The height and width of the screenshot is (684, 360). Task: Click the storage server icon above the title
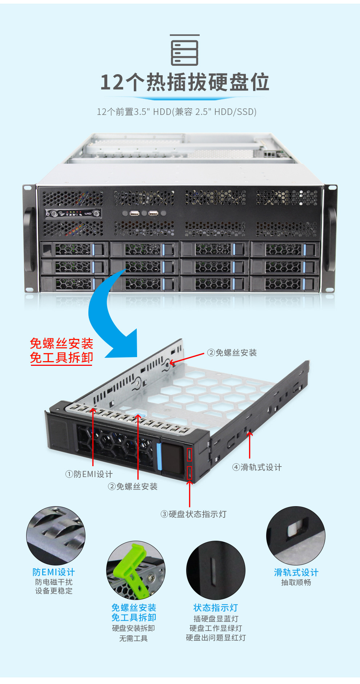click(x=185, y=50)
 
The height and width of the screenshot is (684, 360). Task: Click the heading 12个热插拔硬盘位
click(x=185, y=82)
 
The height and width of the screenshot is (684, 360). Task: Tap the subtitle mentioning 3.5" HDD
click(x=177, y=112)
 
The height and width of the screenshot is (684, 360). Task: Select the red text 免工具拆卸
click(x=61, y=358)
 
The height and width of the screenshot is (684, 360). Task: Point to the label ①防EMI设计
click(x=89, y=474)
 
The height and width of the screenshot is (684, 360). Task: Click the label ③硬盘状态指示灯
click(x=193, y=514)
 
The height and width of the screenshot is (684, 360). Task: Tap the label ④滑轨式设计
click(x=257, y=467)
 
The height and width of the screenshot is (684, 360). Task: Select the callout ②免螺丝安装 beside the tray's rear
click(x=232, y=353)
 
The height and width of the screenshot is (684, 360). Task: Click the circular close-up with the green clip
click(x=136, y=570)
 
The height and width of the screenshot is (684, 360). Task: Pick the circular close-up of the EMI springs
click(x=56, y=536)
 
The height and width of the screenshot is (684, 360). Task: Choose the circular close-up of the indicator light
click(x=216, y=570)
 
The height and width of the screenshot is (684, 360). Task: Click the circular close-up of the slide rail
click(x=296, y=536)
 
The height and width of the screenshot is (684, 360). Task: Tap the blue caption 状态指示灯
click(x=216, y=608)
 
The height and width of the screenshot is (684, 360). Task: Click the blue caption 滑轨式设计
click(x=296, y=572)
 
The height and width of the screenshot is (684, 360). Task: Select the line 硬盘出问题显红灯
click(x=216, y=638)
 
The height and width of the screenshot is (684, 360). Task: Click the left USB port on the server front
click(x=135, y=213)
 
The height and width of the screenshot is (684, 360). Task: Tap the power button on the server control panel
click(x=48, y=214)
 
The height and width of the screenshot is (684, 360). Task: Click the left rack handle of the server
click(x=29, y=239)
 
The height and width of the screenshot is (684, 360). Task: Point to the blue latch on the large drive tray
click(x=159, y=456)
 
